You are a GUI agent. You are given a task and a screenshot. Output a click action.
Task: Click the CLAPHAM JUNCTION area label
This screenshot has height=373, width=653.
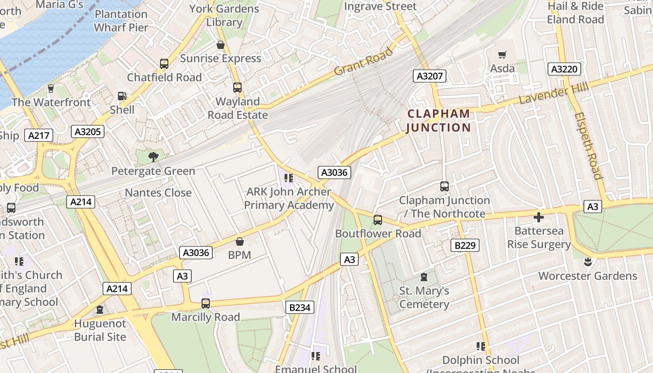tap(438, 121)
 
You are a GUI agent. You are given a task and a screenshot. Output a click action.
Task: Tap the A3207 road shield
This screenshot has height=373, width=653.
tap(430, 76)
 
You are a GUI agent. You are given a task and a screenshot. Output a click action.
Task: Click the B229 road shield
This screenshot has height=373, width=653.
tap(465, 245)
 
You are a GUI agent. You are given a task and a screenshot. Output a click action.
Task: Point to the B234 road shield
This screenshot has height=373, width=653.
tap(299, 307)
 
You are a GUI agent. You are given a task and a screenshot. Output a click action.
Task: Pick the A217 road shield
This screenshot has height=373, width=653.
tap(39, 136)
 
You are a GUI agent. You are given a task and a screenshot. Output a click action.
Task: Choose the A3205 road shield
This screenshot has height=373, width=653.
tap(88, 132)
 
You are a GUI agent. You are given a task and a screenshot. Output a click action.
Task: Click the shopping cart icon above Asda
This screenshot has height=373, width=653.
tap(502, 55)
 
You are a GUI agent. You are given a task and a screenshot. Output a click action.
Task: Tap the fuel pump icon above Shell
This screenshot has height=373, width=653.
tap(122, 96)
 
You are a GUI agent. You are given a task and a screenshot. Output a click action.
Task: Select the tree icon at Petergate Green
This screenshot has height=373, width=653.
tap(153, 157)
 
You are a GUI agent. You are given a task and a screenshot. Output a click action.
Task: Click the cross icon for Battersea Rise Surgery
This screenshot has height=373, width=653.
tap(539, 217)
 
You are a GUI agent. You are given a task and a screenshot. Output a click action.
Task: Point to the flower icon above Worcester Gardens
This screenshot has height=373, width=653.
tap(588, 262)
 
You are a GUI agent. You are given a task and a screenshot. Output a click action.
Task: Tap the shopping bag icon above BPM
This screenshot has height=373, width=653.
tap(239, 242)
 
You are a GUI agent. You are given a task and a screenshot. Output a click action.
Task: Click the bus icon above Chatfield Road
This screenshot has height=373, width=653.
tap(164, 64)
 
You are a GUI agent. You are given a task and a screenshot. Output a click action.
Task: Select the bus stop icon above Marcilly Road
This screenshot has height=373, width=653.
tap(205, 304)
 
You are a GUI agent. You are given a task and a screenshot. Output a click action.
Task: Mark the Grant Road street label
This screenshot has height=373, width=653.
tap(363, 62)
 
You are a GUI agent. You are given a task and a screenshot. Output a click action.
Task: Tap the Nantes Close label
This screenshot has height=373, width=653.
tap(158, 193)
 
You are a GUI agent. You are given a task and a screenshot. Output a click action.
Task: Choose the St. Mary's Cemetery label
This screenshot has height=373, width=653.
tap(424, 297)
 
